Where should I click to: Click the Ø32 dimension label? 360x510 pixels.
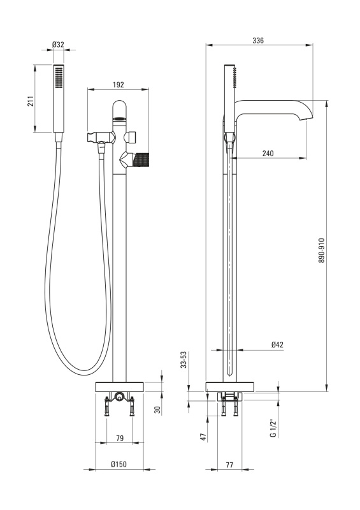click(x=58, y=45)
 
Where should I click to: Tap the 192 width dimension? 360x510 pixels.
click(x=119, y=85)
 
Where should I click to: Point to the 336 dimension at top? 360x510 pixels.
click(x=258, y=40)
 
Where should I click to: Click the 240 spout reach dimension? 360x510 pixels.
click(x=268, y=153)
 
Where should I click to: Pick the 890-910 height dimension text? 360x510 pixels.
click(x=321, y=251)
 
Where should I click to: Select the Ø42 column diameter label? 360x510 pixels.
click(x=277, y=344)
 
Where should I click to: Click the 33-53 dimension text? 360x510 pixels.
click(x=184, y=360)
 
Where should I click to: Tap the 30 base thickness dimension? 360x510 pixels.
click(x=157, y=410)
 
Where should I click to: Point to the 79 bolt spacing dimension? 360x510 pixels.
click(x=120, y=438)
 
